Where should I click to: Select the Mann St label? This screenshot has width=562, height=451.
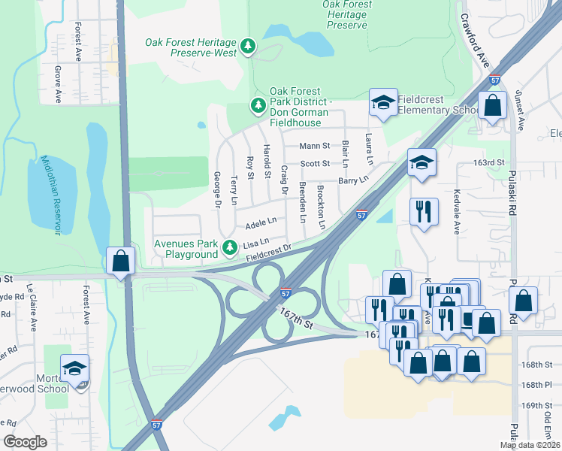pyautogui.click(x=314, y=146)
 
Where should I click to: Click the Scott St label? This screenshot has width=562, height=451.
pyautogui.click(x=315, y=163)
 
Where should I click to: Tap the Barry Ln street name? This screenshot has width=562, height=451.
pyautogui.click(x=353, y=180)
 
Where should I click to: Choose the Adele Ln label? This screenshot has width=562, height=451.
pyautogui.click(x=261, y=224)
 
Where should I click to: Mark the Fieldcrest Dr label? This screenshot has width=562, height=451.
pyautogui.click(x=268, y=254)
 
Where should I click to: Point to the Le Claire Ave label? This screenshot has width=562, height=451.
pyautogui.click(x=33, y=307)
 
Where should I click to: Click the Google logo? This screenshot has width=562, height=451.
pyautogui.click(x=26, y=442)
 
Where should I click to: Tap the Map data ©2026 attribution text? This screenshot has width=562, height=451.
pyautogui.click(x=530, y=445)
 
